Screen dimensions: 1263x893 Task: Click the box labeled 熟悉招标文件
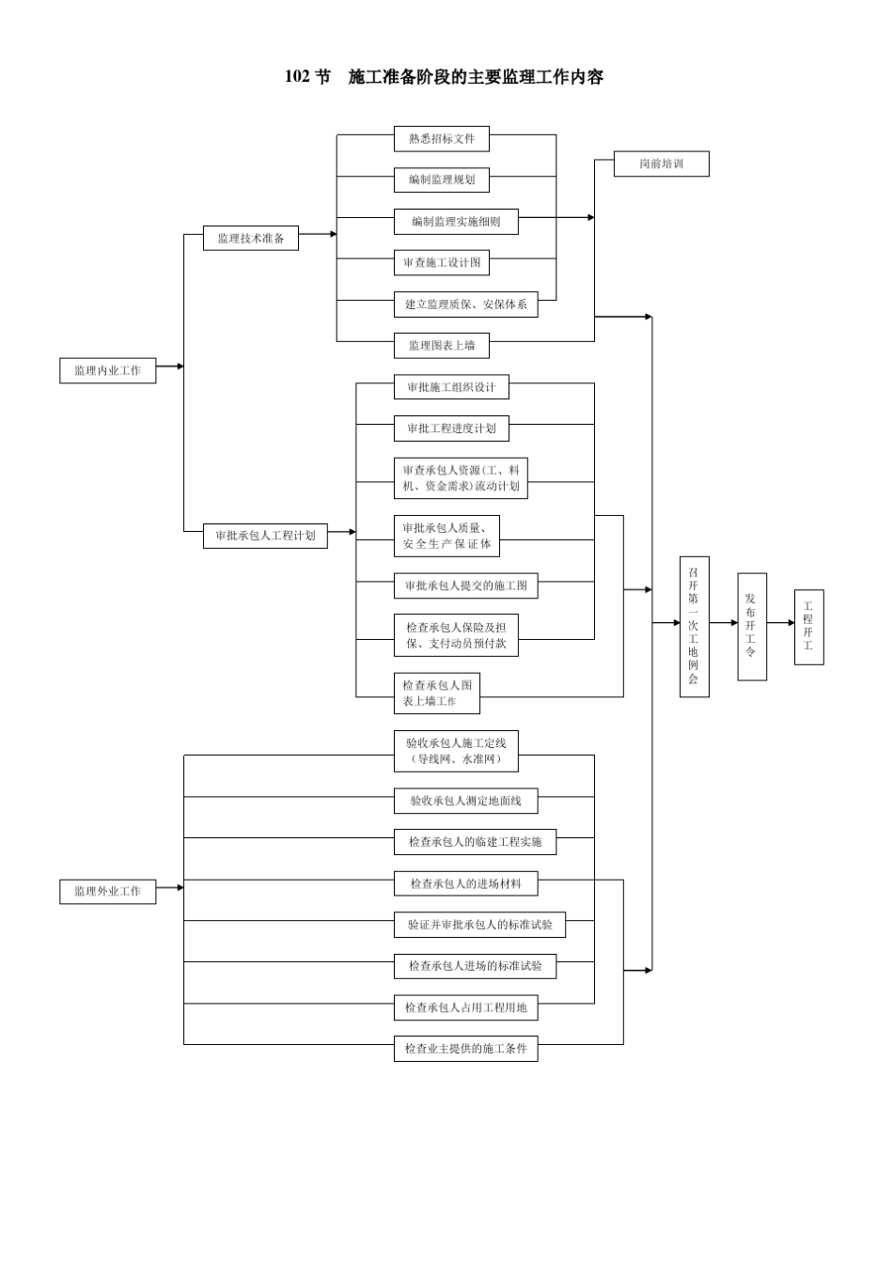[441, 139]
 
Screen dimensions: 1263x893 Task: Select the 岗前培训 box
[661, 164]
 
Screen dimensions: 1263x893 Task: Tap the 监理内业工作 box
[107, 370]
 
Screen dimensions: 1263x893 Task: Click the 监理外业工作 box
[107, 891]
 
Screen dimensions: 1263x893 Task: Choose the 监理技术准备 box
[250, 238]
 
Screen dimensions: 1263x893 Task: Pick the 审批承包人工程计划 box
[265, 536]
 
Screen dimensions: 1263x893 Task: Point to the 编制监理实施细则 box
[456, 222]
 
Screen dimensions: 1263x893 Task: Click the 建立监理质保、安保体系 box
[465, 304]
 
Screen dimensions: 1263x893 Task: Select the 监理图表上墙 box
[441, 346]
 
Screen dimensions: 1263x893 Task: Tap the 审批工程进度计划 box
[451, 429]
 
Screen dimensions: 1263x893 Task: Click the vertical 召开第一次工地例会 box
[694, 626]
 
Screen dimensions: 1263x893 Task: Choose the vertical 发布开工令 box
[751, 626]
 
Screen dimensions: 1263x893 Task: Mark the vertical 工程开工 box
[808, 627]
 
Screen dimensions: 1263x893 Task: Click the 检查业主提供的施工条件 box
[465, 1049]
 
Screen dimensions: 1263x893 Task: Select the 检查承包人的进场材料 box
[465, 883]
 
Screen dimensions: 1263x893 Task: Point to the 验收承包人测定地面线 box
[465, 801]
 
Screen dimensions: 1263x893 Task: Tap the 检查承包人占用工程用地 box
[465, 1007]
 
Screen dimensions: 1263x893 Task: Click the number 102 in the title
[297, 77]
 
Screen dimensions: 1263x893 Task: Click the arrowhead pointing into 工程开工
[791, 623]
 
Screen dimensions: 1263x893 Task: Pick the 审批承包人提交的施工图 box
[465, 585]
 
